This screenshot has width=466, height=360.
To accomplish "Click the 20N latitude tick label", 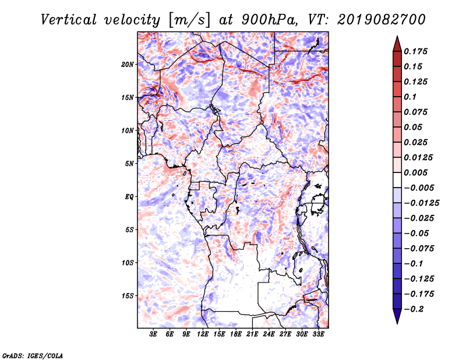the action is [128, 65].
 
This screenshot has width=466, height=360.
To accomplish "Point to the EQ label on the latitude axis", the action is [129, 197].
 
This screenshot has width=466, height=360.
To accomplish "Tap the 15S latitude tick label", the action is [128, 296].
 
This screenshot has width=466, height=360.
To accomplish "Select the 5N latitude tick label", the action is [129, 164].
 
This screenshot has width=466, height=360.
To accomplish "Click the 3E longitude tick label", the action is [153, 334].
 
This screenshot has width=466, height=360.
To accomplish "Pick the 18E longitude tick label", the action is [236, 334].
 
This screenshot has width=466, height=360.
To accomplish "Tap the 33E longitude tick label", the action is [318, 334].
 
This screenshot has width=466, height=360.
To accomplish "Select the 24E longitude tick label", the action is [269, 334].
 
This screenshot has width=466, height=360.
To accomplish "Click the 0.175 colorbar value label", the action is [415, 51].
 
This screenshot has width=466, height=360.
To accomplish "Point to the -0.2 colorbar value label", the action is [414, 309].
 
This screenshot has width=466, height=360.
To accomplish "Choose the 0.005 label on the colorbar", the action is [415, 172].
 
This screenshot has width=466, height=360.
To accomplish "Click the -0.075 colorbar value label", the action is [419, 249].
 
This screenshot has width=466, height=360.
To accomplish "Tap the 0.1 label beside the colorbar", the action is [410, 97].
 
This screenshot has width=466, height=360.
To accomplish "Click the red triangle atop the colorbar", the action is [397, 44].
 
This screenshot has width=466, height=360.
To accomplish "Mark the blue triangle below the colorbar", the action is [397, 316].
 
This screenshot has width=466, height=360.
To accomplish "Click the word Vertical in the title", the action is [69, 20].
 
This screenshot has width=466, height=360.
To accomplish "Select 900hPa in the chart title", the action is [269, 20].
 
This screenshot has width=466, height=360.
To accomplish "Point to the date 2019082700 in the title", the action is [382, 20].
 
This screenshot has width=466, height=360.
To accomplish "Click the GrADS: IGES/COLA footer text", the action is [33, 356].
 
